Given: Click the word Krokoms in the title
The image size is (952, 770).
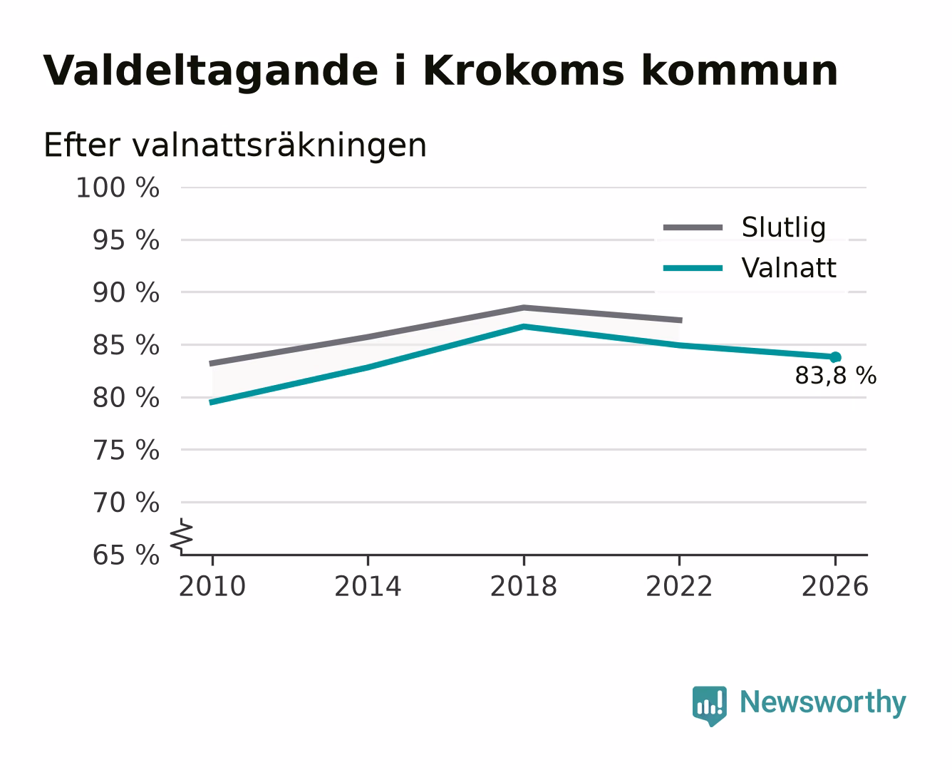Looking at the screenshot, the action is pos(523,71).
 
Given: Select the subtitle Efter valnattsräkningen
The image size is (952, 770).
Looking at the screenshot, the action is pos(235,145).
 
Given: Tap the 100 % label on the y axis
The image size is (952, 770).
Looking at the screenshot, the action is pos(118,188).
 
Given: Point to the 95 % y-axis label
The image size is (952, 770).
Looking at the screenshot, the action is pos(125,240).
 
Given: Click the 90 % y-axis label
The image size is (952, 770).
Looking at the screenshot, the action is pos(125,293).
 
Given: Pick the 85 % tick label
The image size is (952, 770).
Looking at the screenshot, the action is pos(125,345).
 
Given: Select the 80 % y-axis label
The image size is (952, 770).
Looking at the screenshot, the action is pos(125,398).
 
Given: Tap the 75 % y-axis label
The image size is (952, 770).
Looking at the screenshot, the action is pos(125,450).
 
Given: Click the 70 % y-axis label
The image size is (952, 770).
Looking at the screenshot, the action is pos(125,503).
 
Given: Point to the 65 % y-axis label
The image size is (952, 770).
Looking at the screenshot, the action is pos(125,555).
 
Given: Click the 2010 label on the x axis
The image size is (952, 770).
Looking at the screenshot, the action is pos(212,586).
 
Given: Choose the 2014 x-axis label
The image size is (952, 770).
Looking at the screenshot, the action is pos(368,586).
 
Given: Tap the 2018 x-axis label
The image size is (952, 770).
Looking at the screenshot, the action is pos(523,586).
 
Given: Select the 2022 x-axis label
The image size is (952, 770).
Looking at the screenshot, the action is pos(679,586).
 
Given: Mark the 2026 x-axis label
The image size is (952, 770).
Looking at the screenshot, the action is pos(834,586).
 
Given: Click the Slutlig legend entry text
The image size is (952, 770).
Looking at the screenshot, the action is pos(784,228).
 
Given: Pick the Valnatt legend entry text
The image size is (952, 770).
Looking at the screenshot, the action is pos(789,268).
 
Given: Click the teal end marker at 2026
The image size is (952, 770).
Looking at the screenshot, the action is pos(835,357).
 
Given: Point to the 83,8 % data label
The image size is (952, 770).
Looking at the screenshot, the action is pos(835,376).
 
